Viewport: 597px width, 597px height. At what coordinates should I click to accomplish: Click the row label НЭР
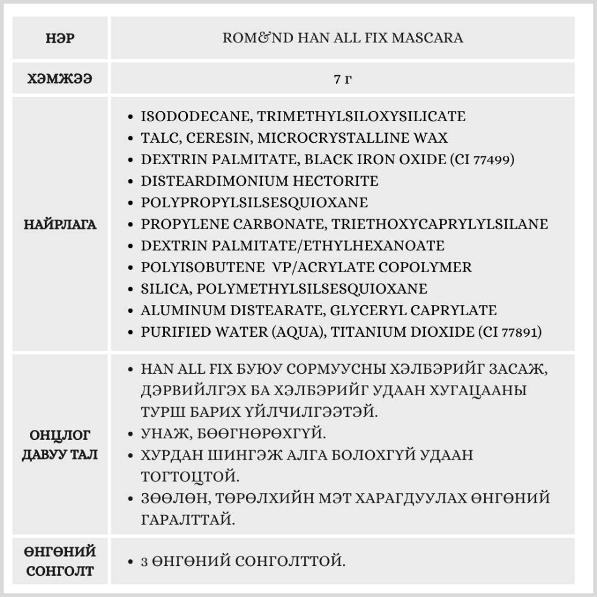pyautogui.click(x=60, y=38)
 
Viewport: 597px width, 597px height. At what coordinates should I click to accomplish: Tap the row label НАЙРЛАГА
pyautogui.click(x=60, y=225)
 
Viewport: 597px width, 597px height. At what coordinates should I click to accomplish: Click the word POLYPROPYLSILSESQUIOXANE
pyautogui.click(x=254, y=202)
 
